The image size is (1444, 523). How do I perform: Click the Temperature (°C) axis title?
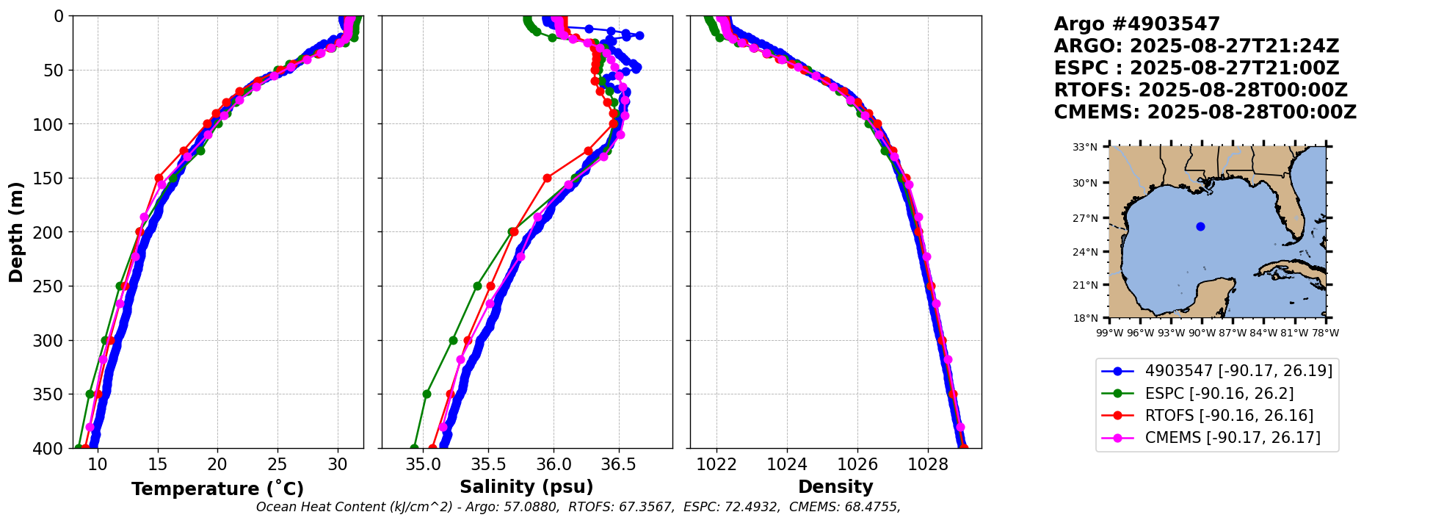217,489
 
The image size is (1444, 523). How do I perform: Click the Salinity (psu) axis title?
526,487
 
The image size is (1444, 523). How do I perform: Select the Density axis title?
835,487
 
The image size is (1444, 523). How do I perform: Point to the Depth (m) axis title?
16,232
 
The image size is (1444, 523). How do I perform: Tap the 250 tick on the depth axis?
50,286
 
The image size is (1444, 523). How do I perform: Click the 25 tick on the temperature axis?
277,464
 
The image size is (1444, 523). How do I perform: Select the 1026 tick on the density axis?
857,464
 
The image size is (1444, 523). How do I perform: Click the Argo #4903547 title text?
1136,24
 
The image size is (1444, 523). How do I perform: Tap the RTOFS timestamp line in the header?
1200,90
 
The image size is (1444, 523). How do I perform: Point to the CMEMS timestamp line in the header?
1205,112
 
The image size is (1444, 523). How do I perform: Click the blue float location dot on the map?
1200,226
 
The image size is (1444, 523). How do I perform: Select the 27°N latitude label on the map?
1085,218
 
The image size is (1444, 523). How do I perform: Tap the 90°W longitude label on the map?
1202,333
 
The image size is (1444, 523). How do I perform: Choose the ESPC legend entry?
1219,394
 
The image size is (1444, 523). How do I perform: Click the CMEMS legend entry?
1232,438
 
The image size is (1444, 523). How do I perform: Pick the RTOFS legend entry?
1228,416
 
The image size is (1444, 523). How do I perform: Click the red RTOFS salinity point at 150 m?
547,178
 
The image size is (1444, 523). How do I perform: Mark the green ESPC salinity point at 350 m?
427,394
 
